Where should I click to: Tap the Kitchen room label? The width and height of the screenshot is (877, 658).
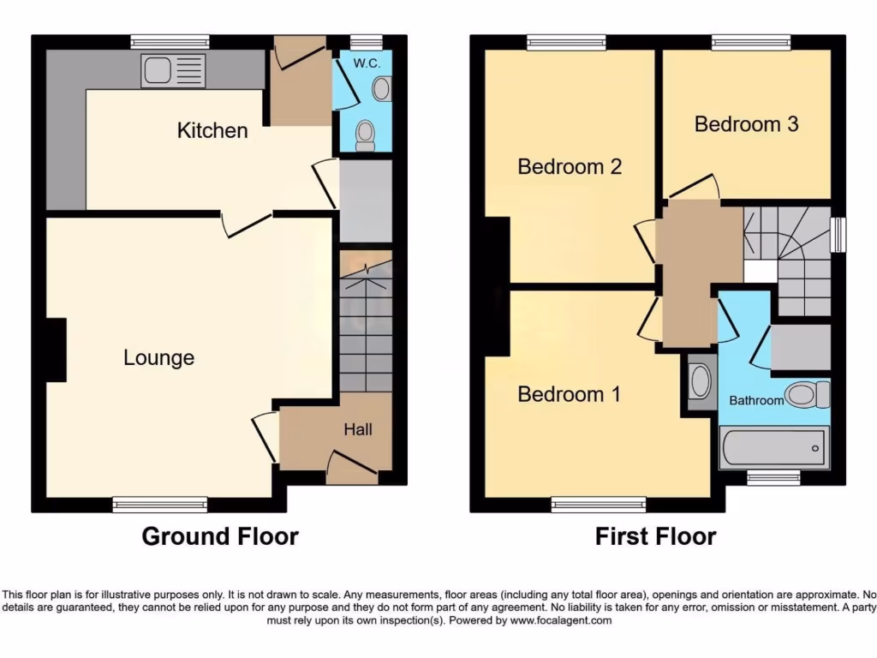212,130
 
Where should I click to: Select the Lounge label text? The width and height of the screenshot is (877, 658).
158,357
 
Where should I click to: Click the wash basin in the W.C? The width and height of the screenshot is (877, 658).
382,88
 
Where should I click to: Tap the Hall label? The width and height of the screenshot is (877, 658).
358,429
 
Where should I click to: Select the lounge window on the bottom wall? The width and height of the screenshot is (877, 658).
160,505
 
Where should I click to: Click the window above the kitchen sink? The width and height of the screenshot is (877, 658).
170,40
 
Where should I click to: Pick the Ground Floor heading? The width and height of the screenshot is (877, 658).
220,537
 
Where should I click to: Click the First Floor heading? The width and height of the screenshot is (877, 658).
655,537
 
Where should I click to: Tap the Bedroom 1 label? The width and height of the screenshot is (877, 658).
570,394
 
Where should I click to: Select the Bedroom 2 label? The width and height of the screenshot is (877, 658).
570,166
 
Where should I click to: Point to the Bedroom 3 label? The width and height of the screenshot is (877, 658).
746,124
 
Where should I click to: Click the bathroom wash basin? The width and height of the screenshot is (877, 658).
701,382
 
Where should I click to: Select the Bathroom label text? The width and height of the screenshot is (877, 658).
756,400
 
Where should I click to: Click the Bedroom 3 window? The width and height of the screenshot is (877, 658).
751,40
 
